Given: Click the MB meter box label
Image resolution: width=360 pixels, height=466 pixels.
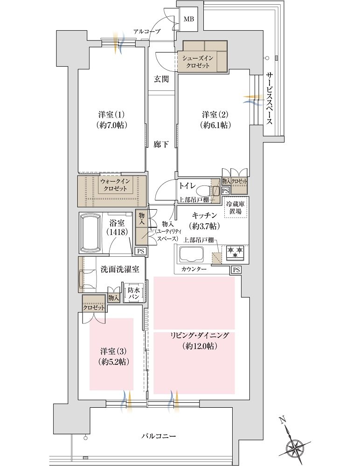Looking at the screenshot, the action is (189, 19).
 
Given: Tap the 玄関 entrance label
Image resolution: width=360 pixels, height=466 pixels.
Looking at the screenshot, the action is (161, 79).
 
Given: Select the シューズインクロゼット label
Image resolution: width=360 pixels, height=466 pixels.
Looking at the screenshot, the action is (198, 62).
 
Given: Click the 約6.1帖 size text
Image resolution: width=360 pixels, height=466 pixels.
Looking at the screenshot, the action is (216, 125).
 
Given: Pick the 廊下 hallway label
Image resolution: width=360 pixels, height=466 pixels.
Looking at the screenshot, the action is (161, 145).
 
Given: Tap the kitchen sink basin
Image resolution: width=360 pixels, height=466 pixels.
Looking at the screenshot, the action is (192, 254).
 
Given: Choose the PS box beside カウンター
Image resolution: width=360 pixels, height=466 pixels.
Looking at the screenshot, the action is (236, 270).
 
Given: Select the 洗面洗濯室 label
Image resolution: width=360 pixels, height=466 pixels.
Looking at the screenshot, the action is (120, 269).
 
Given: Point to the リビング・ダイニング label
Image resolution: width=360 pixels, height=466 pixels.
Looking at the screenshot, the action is (200, 336).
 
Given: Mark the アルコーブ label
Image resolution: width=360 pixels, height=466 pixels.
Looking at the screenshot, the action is (147, 31).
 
